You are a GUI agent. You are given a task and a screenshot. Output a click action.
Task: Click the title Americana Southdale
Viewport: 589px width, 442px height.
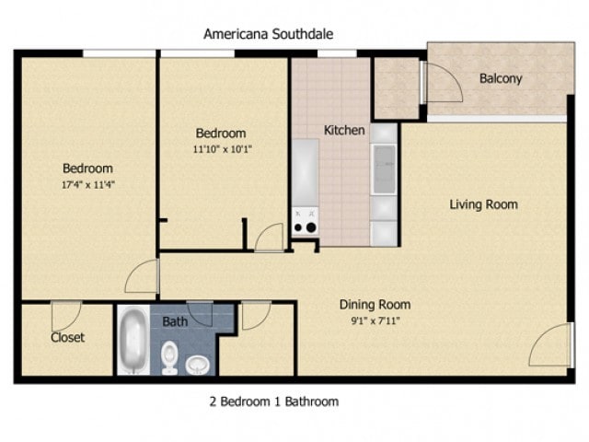[268, 34]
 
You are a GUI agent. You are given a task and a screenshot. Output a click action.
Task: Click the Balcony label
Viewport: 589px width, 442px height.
[501, 78]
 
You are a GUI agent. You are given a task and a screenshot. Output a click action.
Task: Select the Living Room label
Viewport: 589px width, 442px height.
[483, 204]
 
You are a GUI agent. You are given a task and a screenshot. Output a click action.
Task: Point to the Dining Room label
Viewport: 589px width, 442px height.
[375, 305]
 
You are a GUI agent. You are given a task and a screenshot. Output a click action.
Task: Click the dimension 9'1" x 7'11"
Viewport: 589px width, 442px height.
[375, 320]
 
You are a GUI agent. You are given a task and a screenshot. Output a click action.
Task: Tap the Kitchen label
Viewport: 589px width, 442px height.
[343, 131]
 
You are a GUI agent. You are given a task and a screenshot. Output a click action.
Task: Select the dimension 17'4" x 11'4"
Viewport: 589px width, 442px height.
[87, 184]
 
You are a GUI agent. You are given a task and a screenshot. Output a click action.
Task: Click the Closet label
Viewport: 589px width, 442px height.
[67, 337]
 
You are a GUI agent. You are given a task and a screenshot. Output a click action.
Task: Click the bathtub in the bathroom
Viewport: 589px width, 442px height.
[133, 341]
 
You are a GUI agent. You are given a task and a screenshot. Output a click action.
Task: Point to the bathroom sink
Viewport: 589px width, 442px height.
[197, 365]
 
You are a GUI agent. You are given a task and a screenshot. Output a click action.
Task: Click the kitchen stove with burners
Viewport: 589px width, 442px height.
[305, 221]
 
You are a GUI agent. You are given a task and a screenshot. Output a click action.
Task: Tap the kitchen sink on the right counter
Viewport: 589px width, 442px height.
[383, 169]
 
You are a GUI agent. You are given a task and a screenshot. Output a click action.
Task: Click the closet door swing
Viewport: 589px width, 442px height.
[66, 316]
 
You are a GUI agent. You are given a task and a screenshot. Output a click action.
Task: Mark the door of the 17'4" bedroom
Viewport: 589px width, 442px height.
[144, 276]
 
